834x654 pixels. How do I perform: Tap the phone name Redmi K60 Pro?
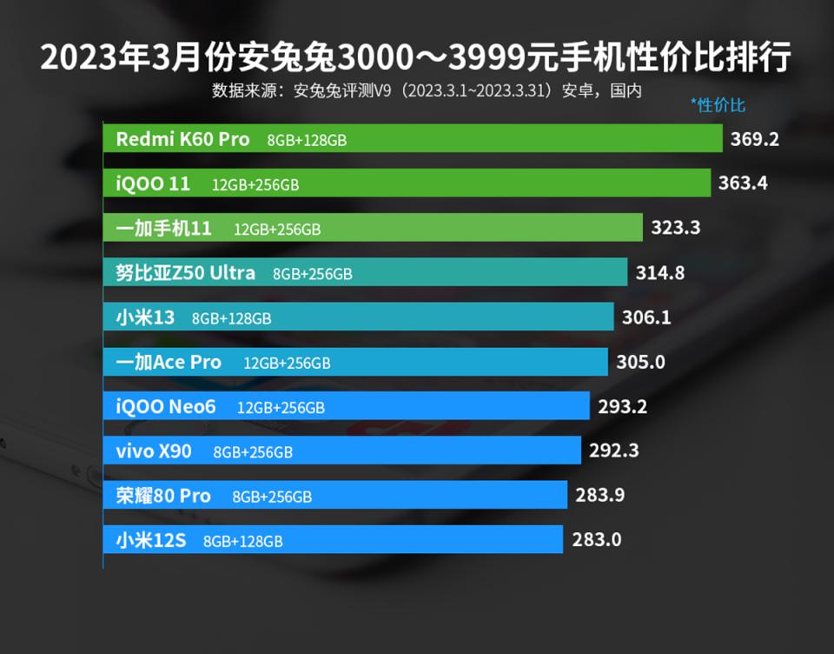tap(182, 139)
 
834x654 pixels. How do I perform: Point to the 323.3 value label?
tap(676, 228)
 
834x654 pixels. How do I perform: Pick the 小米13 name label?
tap(145, 317)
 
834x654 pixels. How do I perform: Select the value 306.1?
tap(646, 317)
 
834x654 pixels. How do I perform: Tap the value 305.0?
tap(640, 362)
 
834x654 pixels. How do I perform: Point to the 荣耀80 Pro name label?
tap(163, 496)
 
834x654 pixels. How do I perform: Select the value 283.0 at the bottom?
tap(597, 540)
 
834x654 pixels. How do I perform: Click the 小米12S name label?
tap(150, 540)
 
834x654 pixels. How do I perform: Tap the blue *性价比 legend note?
tap(718, 105)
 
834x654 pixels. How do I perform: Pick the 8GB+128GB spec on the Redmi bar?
tap(307, 140)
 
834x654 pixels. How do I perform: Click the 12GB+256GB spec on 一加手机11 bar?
tap(277, 230)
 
